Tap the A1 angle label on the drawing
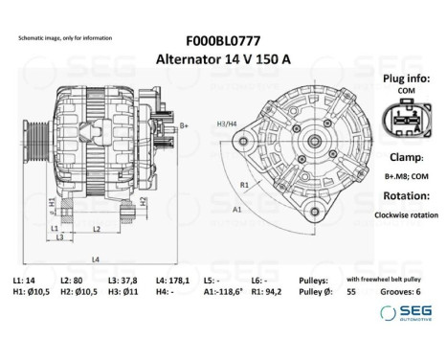[236, 208]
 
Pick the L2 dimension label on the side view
[99, 228]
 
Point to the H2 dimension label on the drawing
[143, 201]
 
